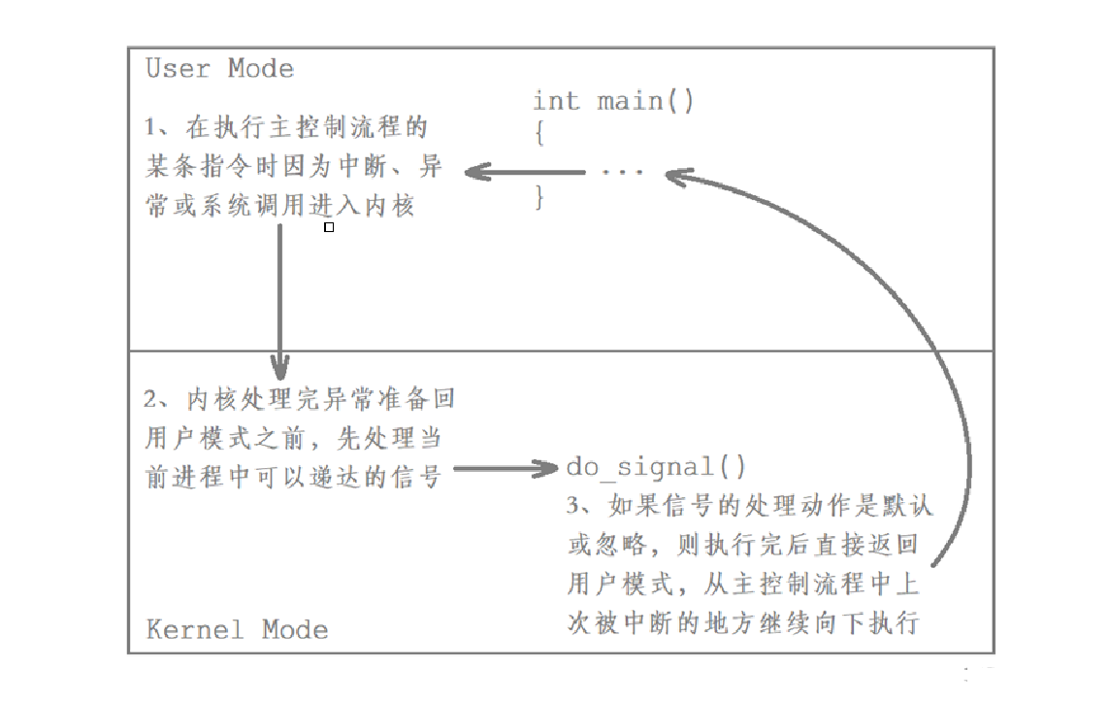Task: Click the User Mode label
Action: click(x=219, y=69)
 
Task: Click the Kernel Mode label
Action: click(x=237, y=629)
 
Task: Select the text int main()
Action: click(x=613, y=101)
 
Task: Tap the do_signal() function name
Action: click(x=656, y=467)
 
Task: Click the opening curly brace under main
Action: click(x=539, y=135)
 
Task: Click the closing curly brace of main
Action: click(x=539, y=199)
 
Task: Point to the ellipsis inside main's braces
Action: click(x=621, y=173)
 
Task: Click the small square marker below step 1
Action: click(x=329, y=227)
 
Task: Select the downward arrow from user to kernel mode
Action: click(x=279, y=301)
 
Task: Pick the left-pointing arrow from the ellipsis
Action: click(x=524, y=173)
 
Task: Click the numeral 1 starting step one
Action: click(x=151, y=127)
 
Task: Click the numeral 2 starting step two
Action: click(x=151, y=399)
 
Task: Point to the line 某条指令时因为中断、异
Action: click(x=294, y=166)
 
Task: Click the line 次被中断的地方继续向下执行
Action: click(x=742, y=622)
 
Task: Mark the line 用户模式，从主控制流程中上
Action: click(x=742, y=584)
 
